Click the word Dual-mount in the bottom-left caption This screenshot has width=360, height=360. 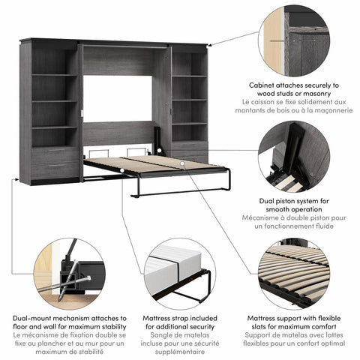(31, 318)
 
